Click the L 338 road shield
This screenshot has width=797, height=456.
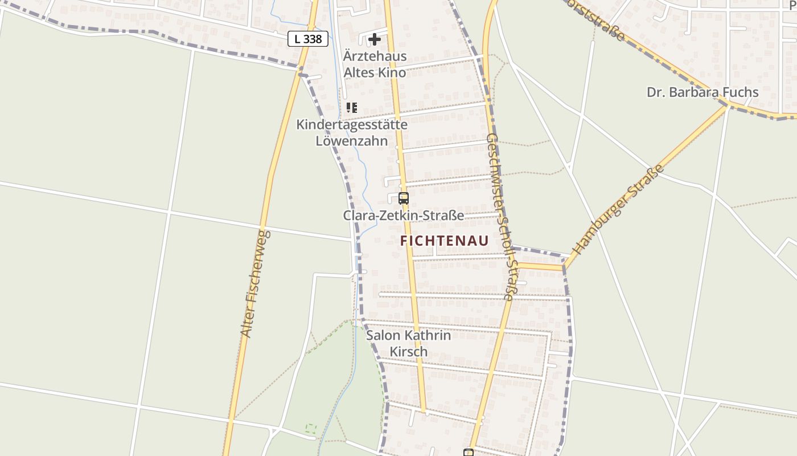pyautogui.click(x=308, y=39)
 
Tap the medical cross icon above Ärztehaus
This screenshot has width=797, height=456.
pyautogui.click(x=375, y=39)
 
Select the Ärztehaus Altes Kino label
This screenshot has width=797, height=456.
pyautogui.click(x=375, y=64)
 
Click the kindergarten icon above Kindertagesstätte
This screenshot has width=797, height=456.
pyautogui.click(x=352, y=107)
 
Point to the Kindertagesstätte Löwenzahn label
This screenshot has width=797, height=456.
pyautogui.click(x=352, y=132)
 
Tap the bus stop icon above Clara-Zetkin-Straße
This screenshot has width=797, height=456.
pyautogui.click(x=404, y=198)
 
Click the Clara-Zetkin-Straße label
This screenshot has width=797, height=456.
pyautogui.click(x=403, y=215)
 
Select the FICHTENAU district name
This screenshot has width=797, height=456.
pyautogui.click(x=444, y=241)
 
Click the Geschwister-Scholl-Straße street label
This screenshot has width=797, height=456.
pyautogui.click(x=502, y=217)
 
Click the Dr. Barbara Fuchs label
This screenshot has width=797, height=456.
pyautogui.click(x=702, y=92)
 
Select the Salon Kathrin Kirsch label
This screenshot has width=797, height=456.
pyautogui.click(x=408, y=343)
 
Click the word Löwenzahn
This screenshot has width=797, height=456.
pyautogui.click(x=352, y=141)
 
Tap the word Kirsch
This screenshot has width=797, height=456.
pyautogui.click(x=408, y=352)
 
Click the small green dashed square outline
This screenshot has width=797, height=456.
pyautogui.click(x=311, y=427)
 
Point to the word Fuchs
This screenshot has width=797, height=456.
pyautogui.click(x=739, y=92)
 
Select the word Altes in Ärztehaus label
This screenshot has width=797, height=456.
pyautogui.click(x=359, y=72)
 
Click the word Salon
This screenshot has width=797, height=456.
pyautogui.click(x=383, y=335)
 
